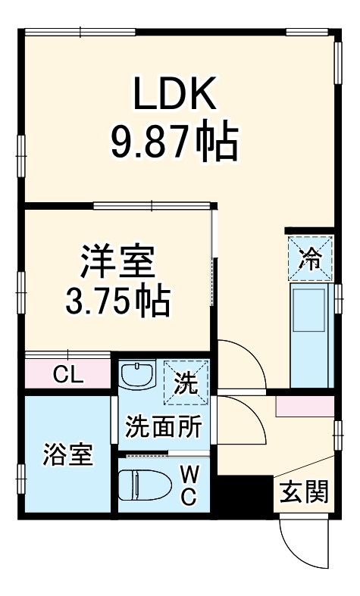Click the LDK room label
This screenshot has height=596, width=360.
177,95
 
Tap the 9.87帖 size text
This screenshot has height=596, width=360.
176,142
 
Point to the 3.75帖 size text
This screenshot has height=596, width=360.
117,302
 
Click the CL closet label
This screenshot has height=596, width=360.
68,373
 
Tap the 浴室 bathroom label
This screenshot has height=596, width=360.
67,454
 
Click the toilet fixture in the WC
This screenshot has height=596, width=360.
149,484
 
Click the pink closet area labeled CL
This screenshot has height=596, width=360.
45,373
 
